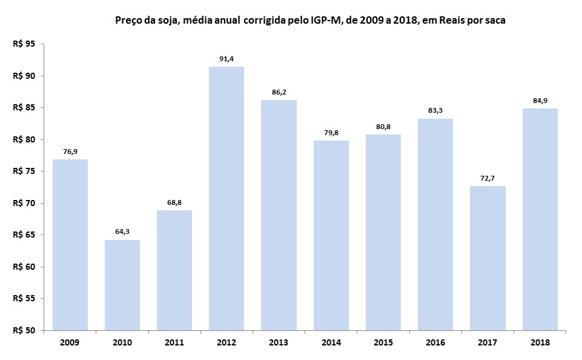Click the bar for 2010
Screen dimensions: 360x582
point(122,285)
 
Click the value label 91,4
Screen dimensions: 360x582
point(227,59)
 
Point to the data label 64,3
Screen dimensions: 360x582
point(122,232)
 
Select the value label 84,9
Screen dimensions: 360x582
point(540,101)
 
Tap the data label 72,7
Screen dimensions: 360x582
point(488,178)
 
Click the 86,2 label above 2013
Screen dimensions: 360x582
point(279,92)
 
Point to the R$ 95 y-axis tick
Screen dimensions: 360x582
point(24,44)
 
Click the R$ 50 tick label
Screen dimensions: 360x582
point(24,330)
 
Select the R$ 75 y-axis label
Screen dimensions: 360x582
point(24,172)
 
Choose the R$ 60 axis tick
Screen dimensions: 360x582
point(24,267)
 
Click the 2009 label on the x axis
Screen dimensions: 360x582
point(70,342)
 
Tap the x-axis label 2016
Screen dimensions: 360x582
point(435,342)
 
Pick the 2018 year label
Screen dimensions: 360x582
point(540,342)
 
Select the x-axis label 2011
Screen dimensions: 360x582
point(174,342)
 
